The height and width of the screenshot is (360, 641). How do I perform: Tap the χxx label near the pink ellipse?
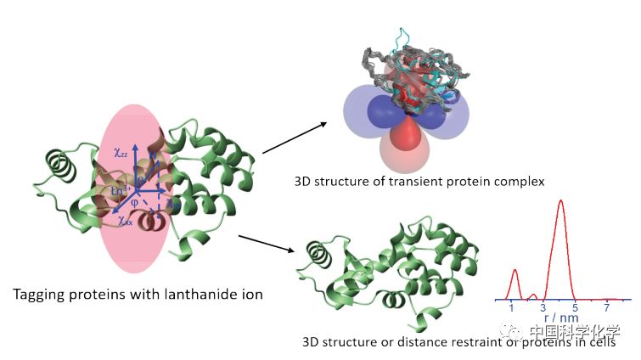pyautogui.click(x=125, y=220)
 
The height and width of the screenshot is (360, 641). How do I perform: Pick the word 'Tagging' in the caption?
pyautogui.click(x=41, y=295)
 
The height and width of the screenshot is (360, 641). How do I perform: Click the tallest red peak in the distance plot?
pyautogui.click(x=560, y=204)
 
